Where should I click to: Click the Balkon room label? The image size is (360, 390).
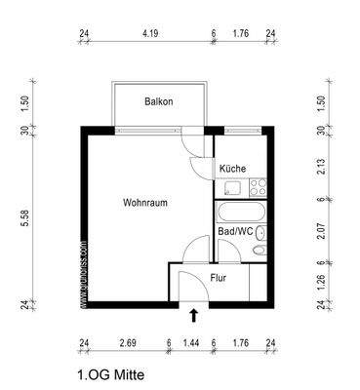point(159,101)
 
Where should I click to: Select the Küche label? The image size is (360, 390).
point(232,169)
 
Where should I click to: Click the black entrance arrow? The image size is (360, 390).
point(193,315)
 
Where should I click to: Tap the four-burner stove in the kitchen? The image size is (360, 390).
point(259,185)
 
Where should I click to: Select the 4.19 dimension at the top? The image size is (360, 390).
point(149,33)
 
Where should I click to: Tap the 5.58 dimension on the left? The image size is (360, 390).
point(26,220)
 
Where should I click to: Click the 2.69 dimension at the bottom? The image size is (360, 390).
point(127,343)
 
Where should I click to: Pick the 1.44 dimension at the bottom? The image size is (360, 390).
point(191,343)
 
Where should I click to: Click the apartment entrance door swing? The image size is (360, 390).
point(185,284)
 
